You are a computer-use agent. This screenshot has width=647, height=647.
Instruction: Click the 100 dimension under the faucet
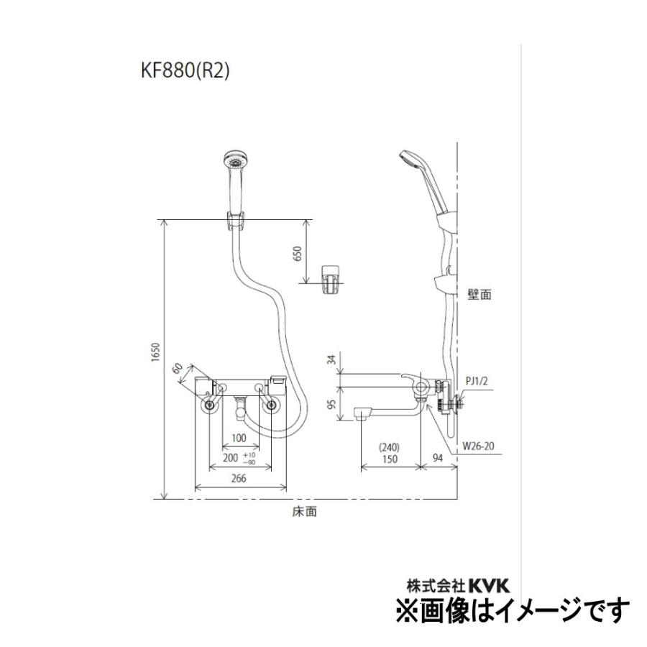(x=239, y=438)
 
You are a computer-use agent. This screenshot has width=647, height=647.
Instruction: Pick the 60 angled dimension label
(x=178, y=370)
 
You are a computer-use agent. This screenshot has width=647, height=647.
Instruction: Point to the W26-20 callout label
(x=479, y=446)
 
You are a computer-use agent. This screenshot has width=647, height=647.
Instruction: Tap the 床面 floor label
(x=305, y=513)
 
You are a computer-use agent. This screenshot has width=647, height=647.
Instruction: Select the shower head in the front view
(x=234, y=162)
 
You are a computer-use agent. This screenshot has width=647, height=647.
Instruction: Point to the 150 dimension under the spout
(x=390, y=459)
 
